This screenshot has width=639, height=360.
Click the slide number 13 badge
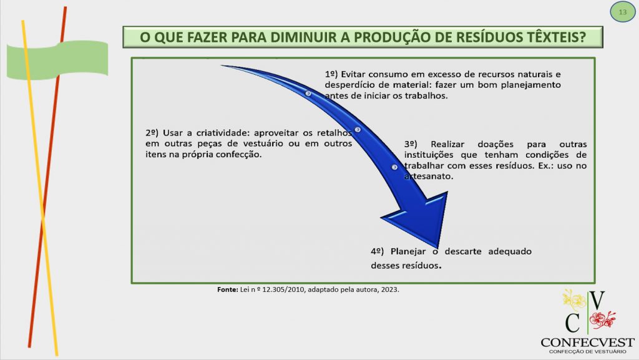623,12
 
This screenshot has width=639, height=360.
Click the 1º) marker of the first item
331,74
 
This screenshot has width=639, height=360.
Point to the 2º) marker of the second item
152,133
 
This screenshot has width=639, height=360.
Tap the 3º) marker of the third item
411,144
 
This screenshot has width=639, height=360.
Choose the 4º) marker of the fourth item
378,251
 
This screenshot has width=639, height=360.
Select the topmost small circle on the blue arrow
308,94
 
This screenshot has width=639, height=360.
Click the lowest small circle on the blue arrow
394,167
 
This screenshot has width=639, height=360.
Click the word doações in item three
495,144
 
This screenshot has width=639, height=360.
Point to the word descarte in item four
463,251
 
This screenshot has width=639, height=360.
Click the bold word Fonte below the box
227,289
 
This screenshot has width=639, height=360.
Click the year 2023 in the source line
390,289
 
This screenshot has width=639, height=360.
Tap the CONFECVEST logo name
588,343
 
